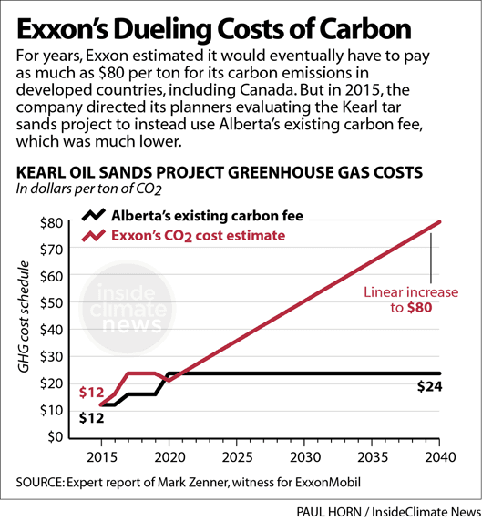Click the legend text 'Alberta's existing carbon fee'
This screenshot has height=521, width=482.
point(207,217)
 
